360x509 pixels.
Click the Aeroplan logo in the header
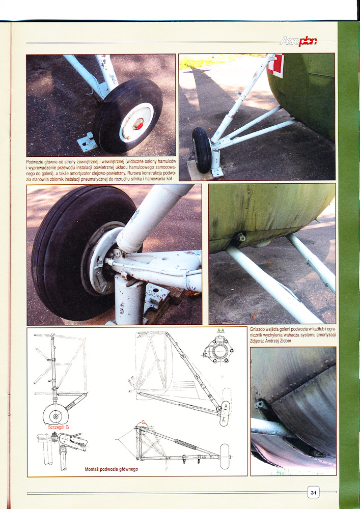[298, 41]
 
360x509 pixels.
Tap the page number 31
[313, 493]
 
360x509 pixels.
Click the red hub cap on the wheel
[139, 124]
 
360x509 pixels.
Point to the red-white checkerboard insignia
[275, 66]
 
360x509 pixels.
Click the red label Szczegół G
[59, 427]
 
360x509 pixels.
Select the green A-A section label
[221, 330]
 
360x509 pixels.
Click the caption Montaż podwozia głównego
[112, 469]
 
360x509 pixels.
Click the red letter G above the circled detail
[143, 422]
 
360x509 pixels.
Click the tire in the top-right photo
[202, 150]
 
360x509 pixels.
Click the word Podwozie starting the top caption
[35, 162]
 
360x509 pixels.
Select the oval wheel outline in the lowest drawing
[225, 457]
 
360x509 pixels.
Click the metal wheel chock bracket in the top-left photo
[87, 142]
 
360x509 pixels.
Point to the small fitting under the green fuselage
[240, 237]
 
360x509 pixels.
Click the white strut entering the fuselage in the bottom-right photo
[269, 429]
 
